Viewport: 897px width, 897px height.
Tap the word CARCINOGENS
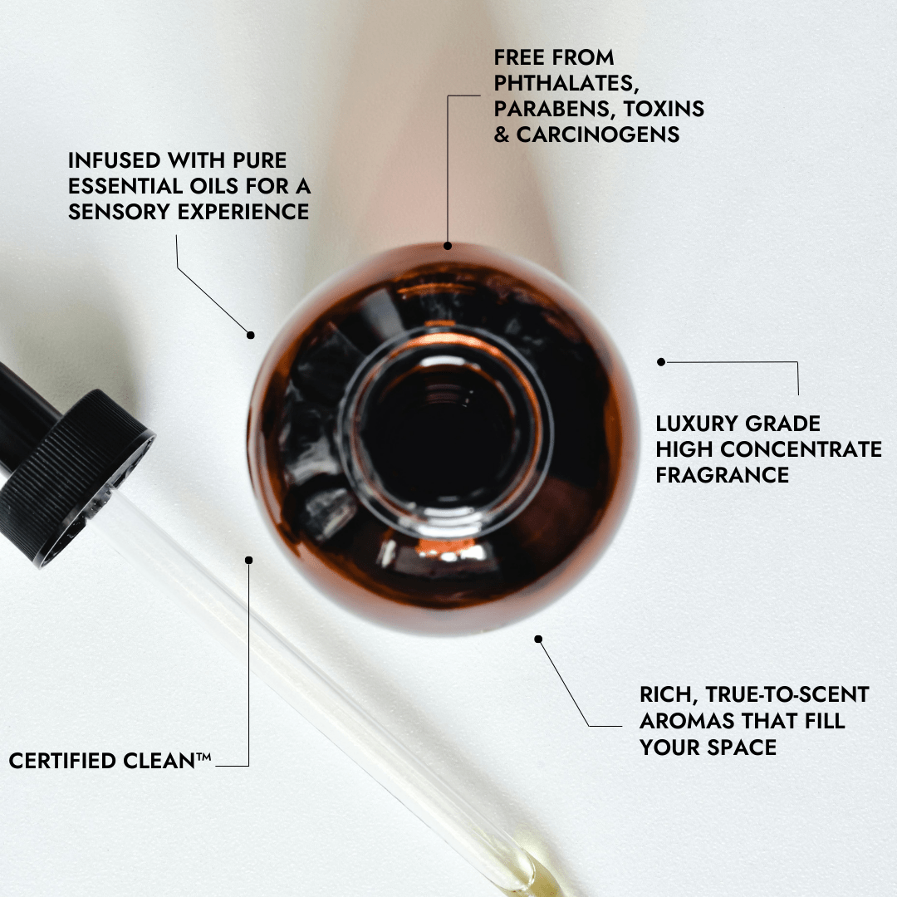coord(598,135)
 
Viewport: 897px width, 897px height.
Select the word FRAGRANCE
coord(722,475)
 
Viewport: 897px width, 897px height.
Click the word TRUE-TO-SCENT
coord(787,694)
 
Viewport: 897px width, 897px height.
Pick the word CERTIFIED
coord(62,761)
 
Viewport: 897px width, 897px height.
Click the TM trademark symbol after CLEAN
coord(203,757)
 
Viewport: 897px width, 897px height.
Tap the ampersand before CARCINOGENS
coord(502,135)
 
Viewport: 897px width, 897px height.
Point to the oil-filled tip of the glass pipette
coord(529,878)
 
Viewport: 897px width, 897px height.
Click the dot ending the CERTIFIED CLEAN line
coord(249,560)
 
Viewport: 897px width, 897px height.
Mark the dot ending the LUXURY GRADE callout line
coord(661,361)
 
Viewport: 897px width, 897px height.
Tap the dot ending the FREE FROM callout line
coord(448,245)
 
